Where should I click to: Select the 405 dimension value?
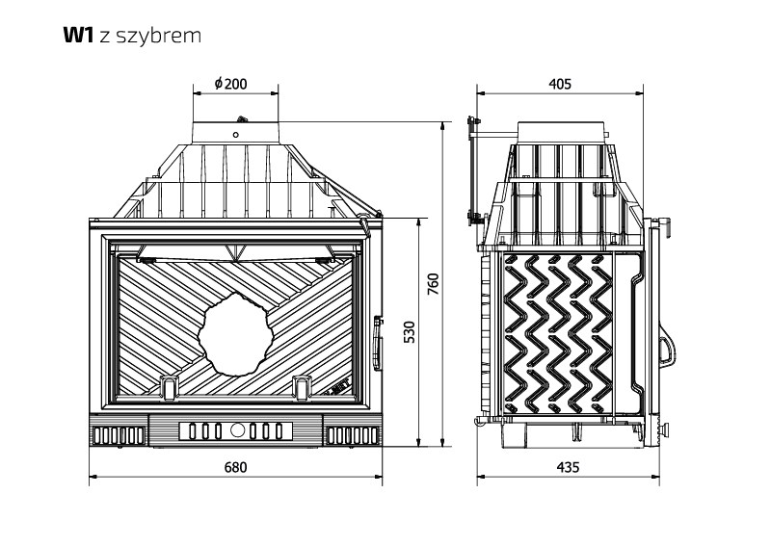point(559,84)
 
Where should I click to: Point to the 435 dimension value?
point(569,467)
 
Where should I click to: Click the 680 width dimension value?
point(235,467)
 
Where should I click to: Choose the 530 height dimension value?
point(409,332)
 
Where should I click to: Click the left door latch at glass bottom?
point(170,385)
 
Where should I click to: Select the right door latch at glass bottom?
point(301,385)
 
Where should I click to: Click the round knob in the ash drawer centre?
point(237,430)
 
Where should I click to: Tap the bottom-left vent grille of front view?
point(118,434)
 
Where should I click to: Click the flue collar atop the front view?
point(236,131)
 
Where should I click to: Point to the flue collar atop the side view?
point(564,131)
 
